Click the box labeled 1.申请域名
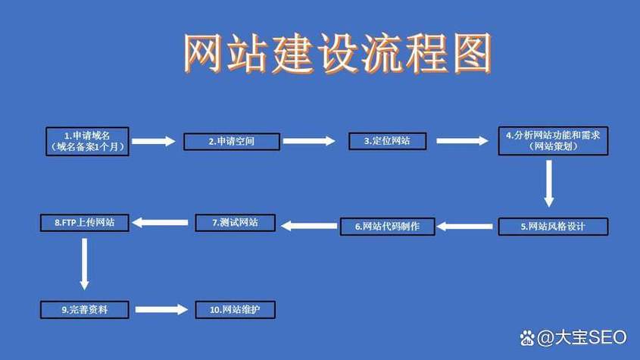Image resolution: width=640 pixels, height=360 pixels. point(87,142)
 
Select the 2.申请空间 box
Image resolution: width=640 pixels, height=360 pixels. point(232,142)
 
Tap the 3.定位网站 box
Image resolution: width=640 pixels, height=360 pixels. point(387,141)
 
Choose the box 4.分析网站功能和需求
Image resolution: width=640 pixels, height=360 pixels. point(553,141)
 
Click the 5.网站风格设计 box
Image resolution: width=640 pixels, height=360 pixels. point(553,227)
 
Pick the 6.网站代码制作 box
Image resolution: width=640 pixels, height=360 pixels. point(387,227)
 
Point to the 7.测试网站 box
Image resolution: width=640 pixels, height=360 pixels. point(235,223)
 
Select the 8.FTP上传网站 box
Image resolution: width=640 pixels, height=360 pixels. point(85,223)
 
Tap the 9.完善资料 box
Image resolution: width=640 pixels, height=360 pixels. point(85,310)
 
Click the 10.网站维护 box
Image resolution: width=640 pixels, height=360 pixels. point(235,310)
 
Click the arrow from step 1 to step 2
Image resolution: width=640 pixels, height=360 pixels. point(154,142)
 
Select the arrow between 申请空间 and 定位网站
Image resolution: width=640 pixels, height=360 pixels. point(309,141)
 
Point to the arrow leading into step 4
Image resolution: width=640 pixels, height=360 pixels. point(462,141)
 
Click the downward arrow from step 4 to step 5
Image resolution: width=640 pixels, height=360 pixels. point(549,183)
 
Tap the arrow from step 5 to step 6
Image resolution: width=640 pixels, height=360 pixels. point(464,227)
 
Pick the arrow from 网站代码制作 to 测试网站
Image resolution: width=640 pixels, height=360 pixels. point(309,226)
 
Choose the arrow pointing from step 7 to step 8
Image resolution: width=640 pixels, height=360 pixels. point(160,223)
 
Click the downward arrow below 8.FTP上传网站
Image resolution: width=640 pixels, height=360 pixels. point(85,264)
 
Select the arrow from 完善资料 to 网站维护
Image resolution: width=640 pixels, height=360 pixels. point(161,310)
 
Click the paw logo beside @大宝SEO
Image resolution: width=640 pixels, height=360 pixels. point(527,338)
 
